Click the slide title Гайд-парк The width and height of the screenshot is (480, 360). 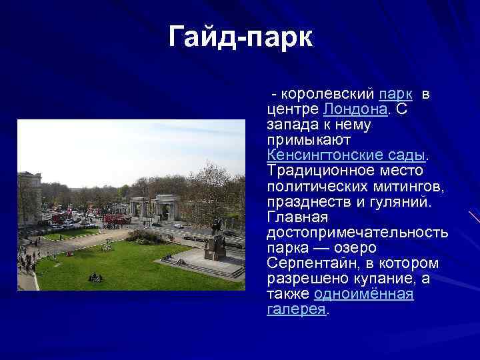[240, 37]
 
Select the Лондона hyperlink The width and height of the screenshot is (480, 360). [355, 109]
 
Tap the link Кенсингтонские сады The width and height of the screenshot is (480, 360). [345, 155]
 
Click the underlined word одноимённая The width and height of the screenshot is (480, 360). [363, 294]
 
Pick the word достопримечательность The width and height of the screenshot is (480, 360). [357, 233]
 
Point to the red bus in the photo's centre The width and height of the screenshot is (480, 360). [118, 218]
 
